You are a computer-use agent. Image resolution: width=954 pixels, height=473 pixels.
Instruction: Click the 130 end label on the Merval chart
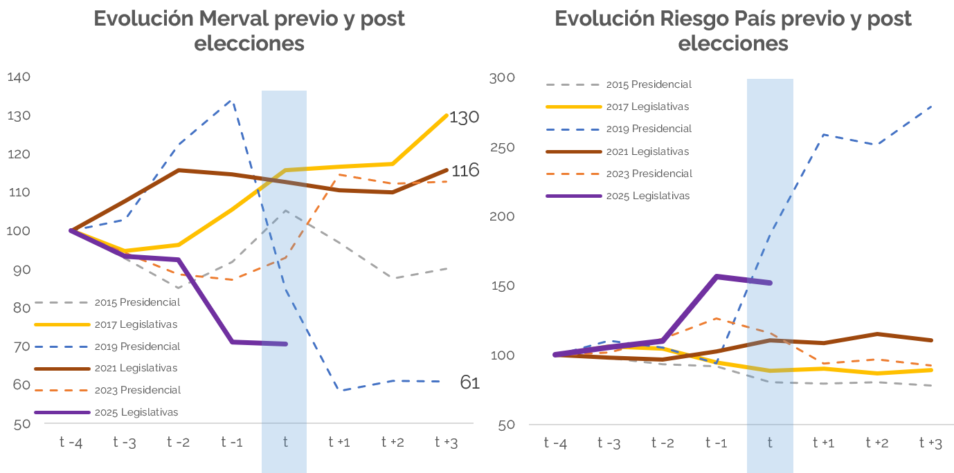pos(464,118)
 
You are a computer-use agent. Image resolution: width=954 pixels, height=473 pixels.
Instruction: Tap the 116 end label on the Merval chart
pos(465,170)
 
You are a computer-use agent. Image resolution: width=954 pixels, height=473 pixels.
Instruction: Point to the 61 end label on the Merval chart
pos(469,382)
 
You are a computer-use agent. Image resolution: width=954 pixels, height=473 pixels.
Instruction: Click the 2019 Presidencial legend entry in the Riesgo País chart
pos(648,129)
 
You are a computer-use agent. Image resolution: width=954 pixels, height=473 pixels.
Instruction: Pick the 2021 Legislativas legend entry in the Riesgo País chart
pos(647,151)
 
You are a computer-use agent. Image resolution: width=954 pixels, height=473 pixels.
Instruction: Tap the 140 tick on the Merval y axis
pos(19,77)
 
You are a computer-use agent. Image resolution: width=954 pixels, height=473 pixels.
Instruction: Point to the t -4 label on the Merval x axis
pos(71,443)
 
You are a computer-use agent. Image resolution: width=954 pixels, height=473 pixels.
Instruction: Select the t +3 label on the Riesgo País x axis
pos(930,443)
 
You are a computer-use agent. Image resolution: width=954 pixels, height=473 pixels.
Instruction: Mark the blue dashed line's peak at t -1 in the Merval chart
pos(231,100)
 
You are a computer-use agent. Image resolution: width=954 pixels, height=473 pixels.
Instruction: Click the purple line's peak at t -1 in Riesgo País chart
pos(717,277)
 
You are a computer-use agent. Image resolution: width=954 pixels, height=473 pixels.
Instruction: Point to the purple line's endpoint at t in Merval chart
pos(285,344)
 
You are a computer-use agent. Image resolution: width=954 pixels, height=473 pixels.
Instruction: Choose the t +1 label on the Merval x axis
pos(339,443)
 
